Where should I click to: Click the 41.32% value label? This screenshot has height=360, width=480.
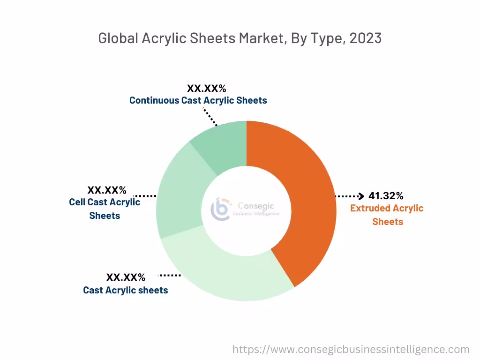(x=386, y=196)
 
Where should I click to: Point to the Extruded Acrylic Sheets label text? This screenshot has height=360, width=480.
(x=387, y=215)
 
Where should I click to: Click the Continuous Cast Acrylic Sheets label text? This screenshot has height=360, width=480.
(x=198, y=100)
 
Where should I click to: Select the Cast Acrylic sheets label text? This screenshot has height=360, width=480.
(x=125, y=290)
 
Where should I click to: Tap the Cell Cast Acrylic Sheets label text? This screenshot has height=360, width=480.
(x=105, y=209)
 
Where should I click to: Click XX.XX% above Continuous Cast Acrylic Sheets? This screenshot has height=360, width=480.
(x=207, y=88)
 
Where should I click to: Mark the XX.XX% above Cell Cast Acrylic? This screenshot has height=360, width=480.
(x=107, y=190)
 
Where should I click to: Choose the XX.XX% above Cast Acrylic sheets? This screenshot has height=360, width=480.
(x=126, y=277)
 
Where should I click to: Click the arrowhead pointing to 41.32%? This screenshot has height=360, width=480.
(x=361, y=196)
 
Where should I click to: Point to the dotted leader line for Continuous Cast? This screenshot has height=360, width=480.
(x=210, y=117)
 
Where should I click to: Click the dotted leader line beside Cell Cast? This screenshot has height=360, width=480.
(x=145, y=195)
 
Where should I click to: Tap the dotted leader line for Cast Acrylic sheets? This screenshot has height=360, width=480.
(x=170, y=275)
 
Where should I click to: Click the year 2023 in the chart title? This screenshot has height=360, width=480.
(x=365, y=38)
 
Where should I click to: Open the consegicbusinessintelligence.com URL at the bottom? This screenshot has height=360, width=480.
(x=351, y=349)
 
